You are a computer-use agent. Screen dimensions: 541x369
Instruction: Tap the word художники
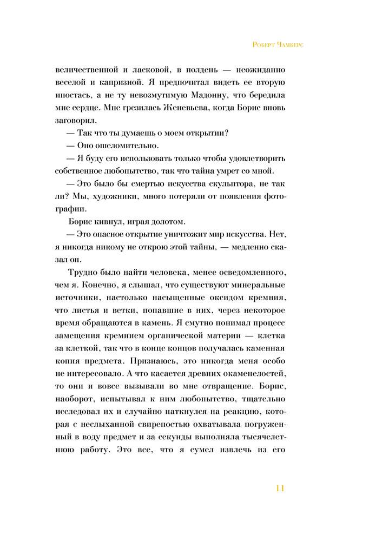[x=116, y=196]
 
